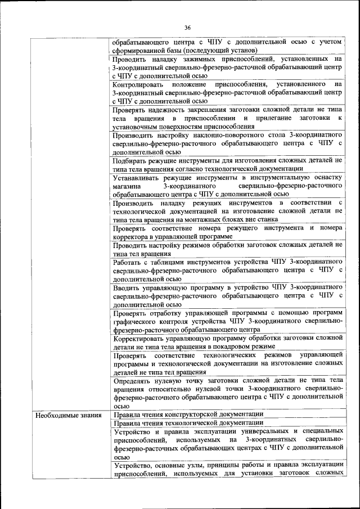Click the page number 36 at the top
[x=187, y=27]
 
